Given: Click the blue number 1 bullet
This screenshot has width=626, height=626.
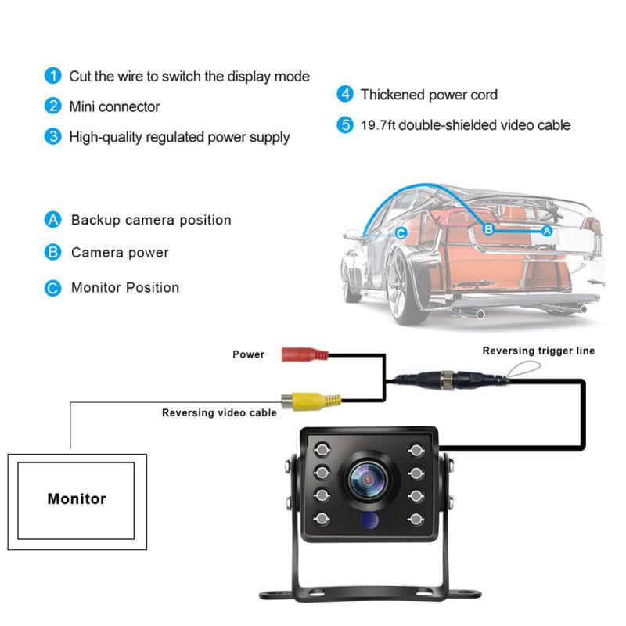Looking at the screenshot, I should (x=52, y=76).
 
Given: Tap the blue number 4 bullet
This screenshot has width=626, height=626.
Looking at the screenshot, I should (x=345, y=95).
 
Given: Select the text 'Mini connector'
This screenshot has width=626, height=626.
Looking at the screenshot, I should (x=114, y=106).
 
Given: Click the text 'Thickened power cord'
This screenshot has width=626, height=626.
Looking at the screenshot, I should (x=429, y=95).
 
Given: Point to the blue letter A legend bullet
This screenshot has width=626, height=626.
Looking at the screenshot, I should (x=52, y=220).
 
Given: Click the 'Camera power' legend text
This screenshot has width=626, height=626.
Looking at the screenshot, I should (x=120, y=253).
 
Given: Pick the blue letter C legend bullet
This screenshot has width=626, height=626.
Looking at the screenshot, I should (x=52, y=287).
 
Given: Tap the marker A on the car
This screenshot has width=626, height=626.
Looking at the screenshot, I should (x=547, y=231).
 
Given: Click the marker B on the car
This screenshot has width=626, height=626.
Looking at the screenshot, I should (x=487, y=230).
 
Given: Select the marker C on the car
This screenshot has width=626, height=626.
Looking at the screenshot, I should (x=401, y=232).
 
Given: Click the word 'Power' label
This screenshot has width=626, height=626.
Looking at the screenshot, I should (x=249, y=354).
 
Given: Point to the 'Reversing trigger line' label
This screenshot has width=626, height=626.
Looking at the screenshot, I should (x=538, y=351).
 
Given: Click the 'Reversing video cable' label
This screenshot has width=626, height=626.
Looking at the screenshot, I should (x=219, y=412).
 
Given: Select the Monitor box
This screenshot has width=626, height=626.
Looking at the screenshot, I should (x=77, y=498).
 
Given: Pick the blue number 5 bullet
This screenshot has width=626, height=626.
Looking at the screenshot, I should (x=345, y=125).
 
